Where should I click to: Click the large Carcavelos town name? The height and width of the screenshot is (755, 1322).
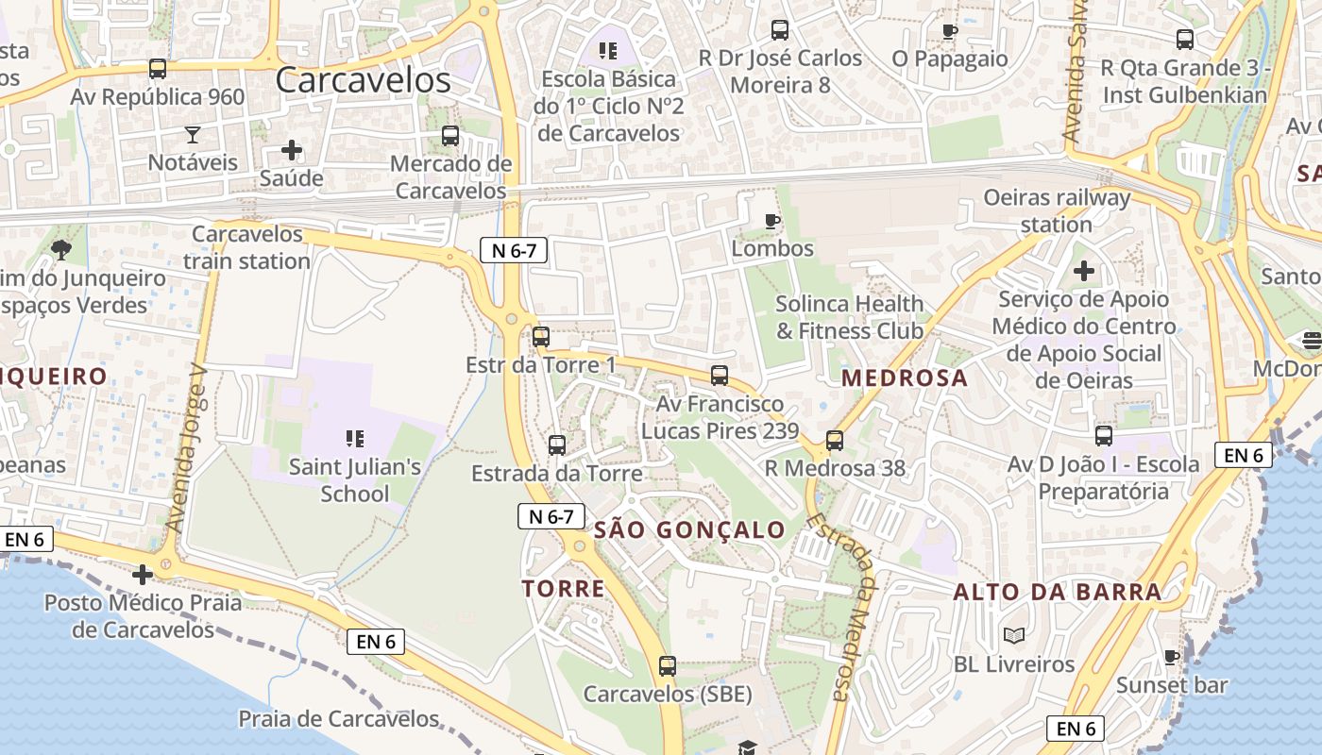pyautogui.click(x=364, y=80)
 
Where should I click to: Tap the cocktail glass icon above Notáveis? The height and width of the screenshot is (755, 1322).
pyautogui.click(x=193, y=134)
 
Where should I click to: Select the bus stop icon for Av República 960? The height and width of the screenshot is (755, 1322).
pyautogui.click(x=158, y=69)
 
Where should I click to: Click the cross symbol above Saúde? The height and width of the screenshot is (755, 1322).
pyautogui.click(x=292, y=150)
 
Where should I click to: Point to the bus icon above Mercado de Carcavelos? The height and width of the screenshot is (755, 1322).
pyautogui.click(x=450, y=136)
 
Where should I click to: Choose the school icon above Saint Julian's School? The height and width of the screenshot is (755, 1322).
pyautogui.click(x=355, y=438)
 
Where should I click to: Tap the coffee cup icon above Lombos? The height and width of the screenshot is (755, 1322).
pyautogui.click(x=772, y=222)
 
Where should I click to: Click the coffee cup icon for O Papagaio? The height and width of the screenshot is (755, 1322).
pyautogui.click(x=950, y=31)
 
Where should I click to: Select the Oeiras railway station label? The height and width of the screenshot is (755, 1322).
pyautogui.click(x=1057, y=211)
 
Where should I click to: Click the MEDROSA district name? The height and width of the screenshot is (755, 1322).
pyautogui.click(x=905, y=378)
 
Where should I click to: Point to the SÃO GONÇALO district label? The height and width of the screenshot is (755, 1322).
pyautogui.click(x=690, y=530)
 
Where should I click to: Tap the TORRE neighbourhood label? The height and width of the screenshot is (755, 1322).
pyautogui.click(x=564, y=589)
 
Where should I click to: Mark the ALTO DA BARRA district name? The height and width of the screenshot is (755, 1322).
pyautogui.click(x=1058, y=593)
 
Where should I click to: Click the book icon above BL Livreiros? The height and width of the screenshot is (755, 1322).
pyautogui.click(x=1014, y=636)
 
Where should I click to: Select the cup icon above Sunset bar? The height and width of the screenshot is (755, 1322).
pyautogui.click(x=1172, y=657)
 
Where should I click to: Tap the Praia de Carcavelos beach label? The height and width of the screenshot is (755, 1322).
pyautogui.click(x=339, y=719)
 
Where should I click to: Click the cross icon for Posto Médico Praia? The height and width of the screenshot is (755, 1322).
pyautogui.click(x=143, y=574)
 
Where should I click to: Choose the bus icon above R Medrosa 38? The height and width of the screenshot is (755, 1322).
pyautogui.click(x=834, y=440)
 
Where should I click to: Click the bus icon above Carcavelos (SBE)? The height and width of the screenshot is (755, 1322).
pyautogui.click(x=668, y=666)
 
